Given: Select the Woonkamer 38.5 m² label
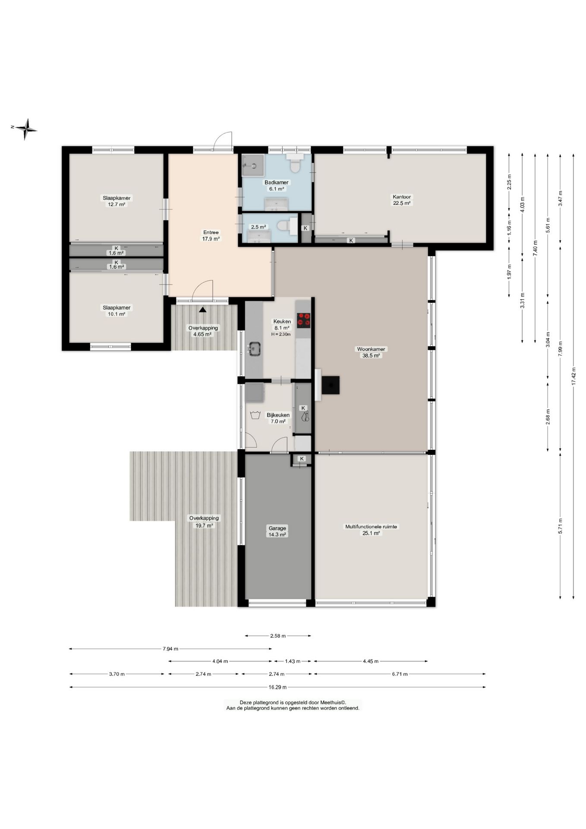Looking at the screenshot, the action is coord(371,352).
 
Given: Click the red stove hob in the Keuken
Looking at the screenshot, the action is coord(304,319).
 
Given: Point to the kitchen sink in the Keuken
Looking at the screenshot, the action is coord(255,348).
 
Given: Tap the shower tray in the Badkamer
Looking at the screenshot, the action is coord(252,165).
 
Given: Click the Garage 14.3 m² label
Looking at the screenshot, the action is coord(277,531).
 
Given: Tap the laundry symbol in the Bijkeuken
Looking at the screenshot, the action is coord(255,415).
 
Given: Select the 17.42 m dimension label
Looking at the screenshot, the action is coord(573,376).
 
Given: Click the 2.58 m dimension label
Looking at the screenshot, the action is coord(278,636).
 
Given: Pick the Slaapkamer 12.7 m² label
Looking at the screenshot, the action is coord(117,201).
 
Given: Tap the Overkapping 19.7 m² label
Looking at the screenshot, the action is coord(204,522).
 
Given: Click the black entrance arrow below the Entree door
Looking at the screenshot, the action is coord(203,309).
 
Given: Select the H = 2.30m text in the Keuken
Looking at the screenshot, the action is coord(281,334).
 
